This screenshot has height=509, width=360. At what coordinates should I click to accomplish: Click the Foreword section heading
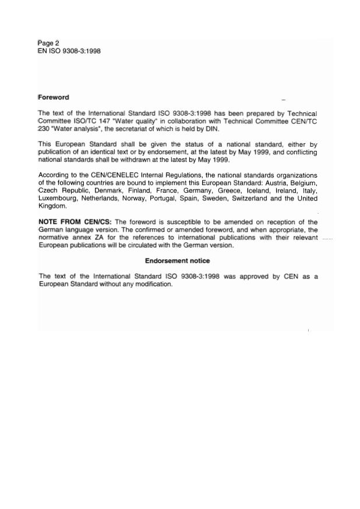(54, 97)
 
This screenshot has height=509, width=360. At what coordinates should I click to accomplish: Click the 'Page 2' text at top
(48, 43)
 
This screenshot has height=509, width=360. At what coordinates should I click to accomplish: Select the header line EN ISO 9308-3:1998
(69, 51)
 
